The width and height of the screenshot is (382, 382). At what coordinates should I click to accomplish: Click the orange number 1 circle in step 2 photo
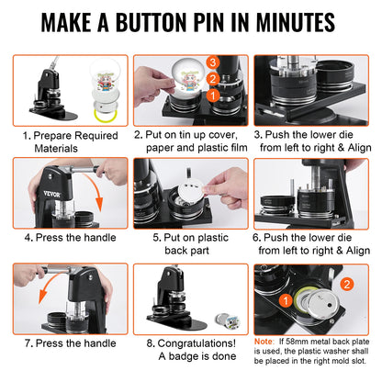(212, 94)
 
